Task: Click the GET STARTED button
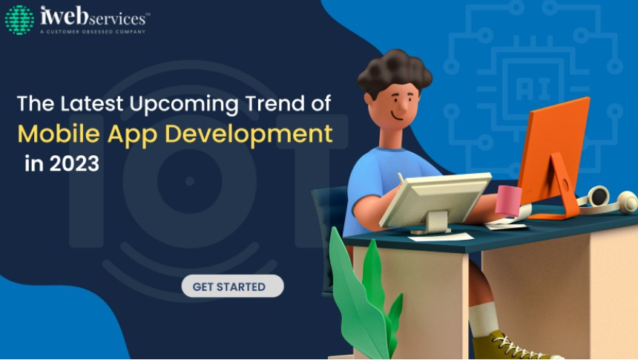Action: tap(232, 286)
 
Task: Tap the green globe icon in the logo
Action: tap(19, 20)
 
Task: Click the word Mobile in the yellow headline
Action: tap(59, 134)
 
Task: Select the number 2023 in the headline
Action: tap(74, 163)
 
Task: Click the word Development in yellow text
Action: tap(257, 135)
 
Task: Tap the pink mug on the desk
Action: tap(508, 200)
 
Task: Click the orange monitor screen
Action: tap(555, 151)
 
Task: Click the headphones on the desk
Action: tap(608, 200)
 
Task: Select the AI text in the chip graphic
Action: tap(533, 88)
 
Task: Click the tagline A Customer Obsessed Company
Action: tap(93, 32)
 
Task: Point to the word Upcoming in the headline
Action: tap(184, 104)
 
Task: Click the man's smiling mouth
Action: tap(396, 116)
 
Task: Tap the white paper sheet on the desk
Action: tap(441, 236)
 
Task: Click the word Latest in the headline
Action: tap(91, 103)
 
